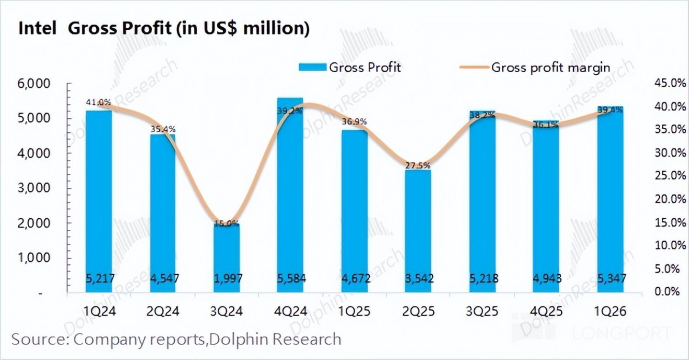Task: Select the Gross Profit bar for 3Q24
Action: point(226,259)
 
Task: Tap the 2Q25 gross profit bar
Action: point(418,230)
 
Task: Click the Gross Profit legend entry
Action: point(350,67)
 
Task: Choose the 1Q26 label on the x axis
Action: point(610,312)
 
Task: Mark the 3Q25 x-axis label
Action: point(482,312)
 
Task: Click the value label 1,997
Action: point(226,278)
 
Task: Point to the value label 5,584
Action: point(290,278)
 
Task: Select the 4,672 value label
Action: point(354,278)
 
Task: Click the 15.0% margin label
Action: point(226,223)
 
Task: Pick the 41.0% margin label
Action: point(99,102)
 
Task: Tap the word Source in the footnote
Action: point(39,339)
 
